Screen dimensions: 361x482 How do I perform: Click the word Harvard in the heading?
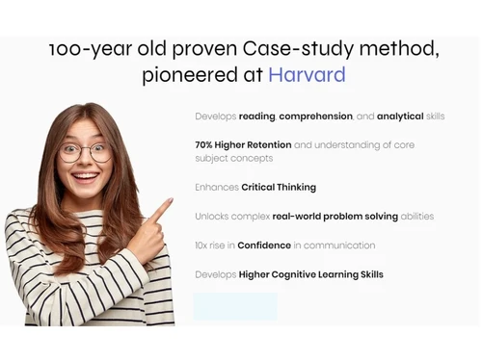307,75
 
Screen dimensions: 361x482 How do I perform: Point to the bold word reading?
257,116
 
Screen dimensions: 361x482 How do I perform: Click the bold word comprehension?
316,116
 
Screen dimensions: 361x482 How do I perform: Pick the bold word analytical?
400,116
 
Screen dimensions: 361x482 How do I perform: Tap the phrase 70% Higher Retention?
242,144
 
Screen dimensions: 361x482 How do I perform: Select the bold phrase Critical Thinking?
279,187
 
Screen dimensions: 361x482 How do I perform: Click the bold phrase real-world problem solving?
335,217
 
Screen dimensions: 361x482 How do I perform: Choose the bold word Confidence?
264,245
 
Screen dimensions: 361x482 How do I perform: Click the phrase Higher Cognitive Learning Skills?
310,274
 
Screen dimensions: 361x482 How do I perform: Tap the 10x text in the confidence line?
201,245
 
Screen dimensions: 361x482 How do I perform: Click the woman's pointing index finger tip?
170,201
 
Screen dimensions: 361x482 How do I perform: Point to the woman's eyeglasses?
86,151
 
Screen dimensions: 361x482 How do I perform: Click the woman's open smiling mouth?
85,177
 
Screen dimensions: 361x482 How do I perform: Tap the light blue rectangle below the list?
234,306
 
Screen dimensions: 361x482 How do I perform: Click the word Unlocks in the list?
211,217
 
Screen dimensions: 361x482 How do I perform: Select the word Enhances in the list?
216,187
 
